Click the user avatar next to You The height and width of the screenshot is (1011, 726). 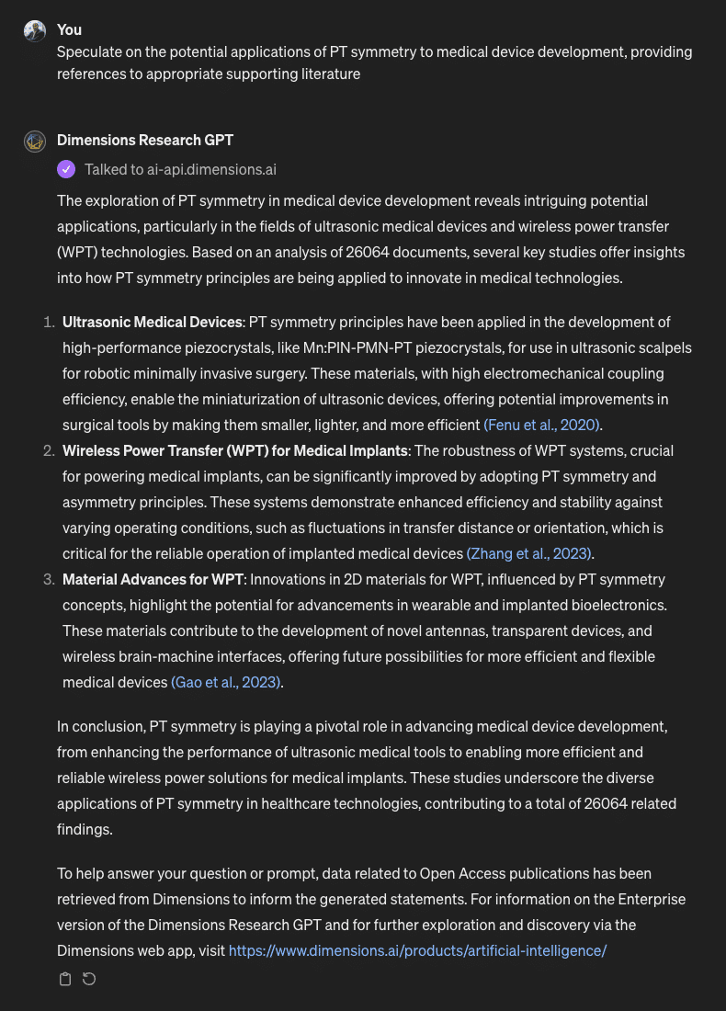click(x=35, y=30)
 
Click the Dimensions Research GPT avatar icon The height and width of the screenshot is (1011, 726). click(x=35, y=141)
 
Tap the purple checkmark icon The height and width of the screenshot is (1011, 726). click(x=66, y=169)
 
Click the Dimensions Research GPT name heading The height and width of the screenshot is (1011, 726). click(x=144, y=141)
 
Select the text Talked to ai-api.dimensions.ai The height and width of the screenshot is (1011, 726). click(x=180, y=169)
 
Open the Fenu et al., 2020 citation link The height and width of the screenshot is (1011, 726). click(x=542, y=425)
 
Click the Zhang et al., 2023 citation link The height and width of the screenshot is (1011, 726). click(x=529, y=553)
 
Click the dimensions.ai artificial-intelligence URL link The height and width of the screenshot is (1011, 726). click(x=417, y=950)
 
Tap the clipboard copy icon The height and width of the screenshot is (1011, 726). click(x=65, y=979)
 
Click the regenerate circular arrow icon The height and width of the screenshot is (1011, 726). click(x=89, y=979)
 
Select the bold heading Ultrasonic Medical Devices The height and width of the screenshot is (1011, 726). click(x=152, y=322)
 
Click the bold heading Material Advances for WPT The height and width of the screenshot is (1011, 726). click(x=153, y=579)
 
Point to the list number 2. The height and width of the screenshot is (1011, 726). click(x=49, y=450)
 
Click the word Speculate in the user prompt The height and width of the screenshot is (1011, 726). click(x=89, y=51)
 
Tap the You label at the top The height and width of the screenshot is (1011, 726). click(x=69, y=30)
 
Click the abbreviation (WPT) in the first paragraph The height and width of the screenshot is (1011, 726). click(x=80, y=252)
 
